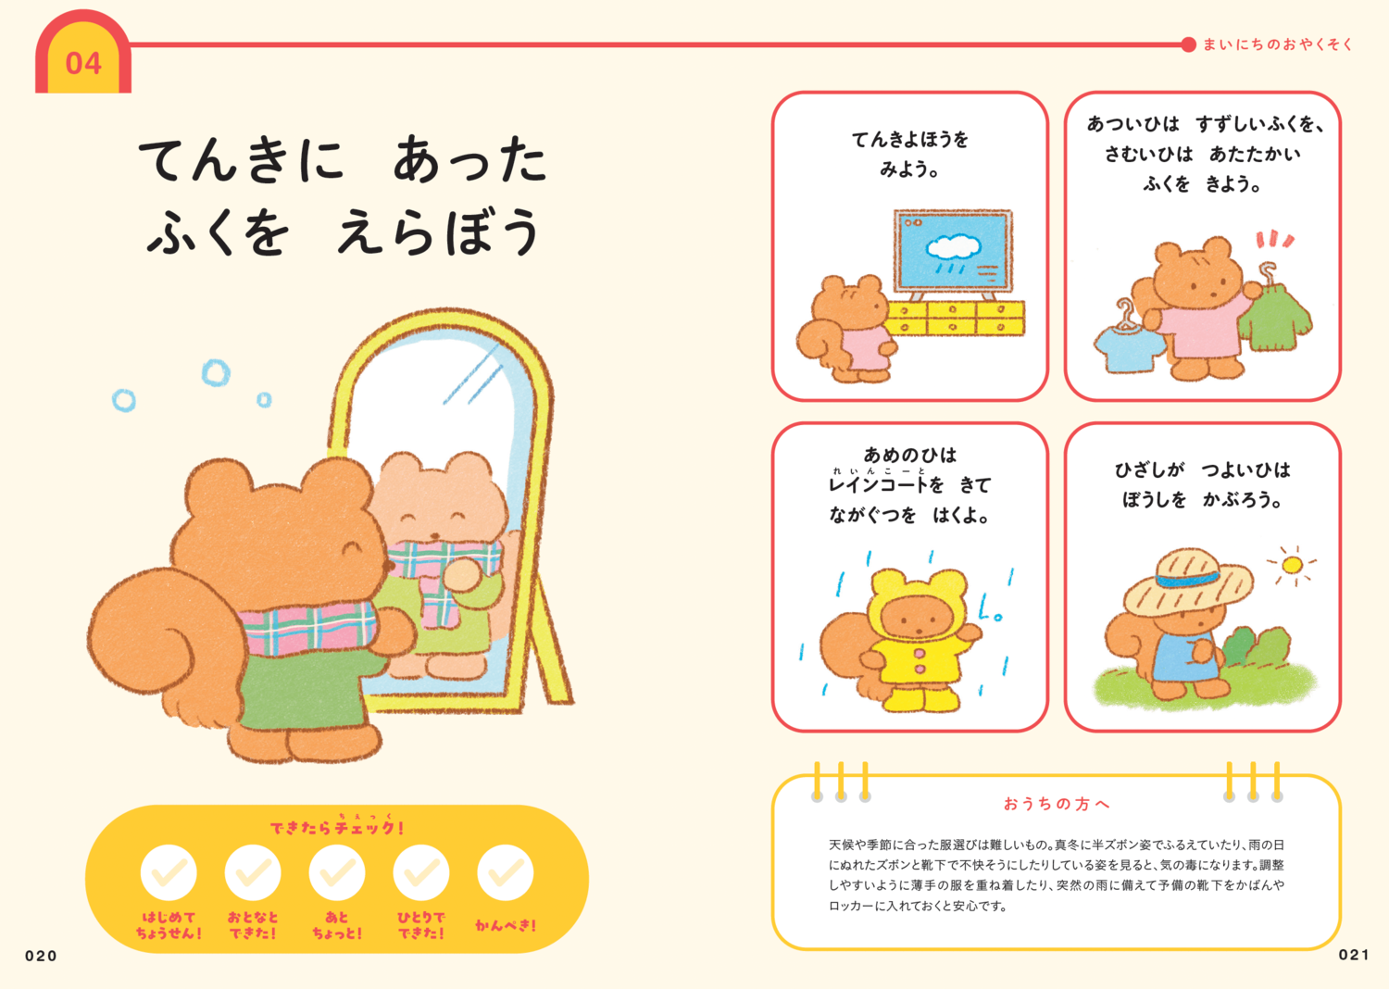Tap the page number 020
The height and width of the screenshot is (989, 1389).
pyautogui.click(x=41, y=956)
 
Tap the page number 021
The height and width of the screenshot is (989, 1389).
pyautogui.click(x=1354, y=955)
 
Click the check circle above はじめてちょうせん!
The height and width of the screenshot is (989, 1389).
pyautogui.click(x=169, y=872)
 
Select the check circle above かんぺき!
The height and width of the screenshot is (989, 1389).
pyautogui.click(x=506, y=872)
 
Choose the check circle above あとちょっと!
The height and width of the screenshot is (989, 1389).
pyautogui.click(x=337, y=872)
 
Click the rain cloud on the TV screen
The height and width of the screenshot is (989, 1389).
pyautogui.click(x=954, y=246)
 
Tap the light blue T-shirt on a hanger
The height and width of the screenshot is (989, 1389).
pyautogui.click(x=1129, y=348)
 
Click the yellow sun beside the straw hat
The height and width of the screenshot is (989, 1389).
pyautogui.click(x=1293, y=564)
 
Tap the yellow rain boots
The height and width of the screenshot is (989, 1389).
pyautogui.click(x=912, y=696)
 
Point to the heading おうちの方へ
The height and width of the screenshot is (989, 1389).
pyautogui.click(x=1057, y=804)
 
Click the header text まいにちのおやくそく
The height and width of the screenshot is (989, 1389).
pyautogui.click(x=1278, y=44)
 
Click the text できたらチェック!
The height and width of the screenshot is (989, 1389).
pyautogui.click(x=337, y=827)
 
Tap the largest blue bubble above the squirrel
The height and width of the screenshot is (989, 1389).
pyautogui.click(x=216, y=373)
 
